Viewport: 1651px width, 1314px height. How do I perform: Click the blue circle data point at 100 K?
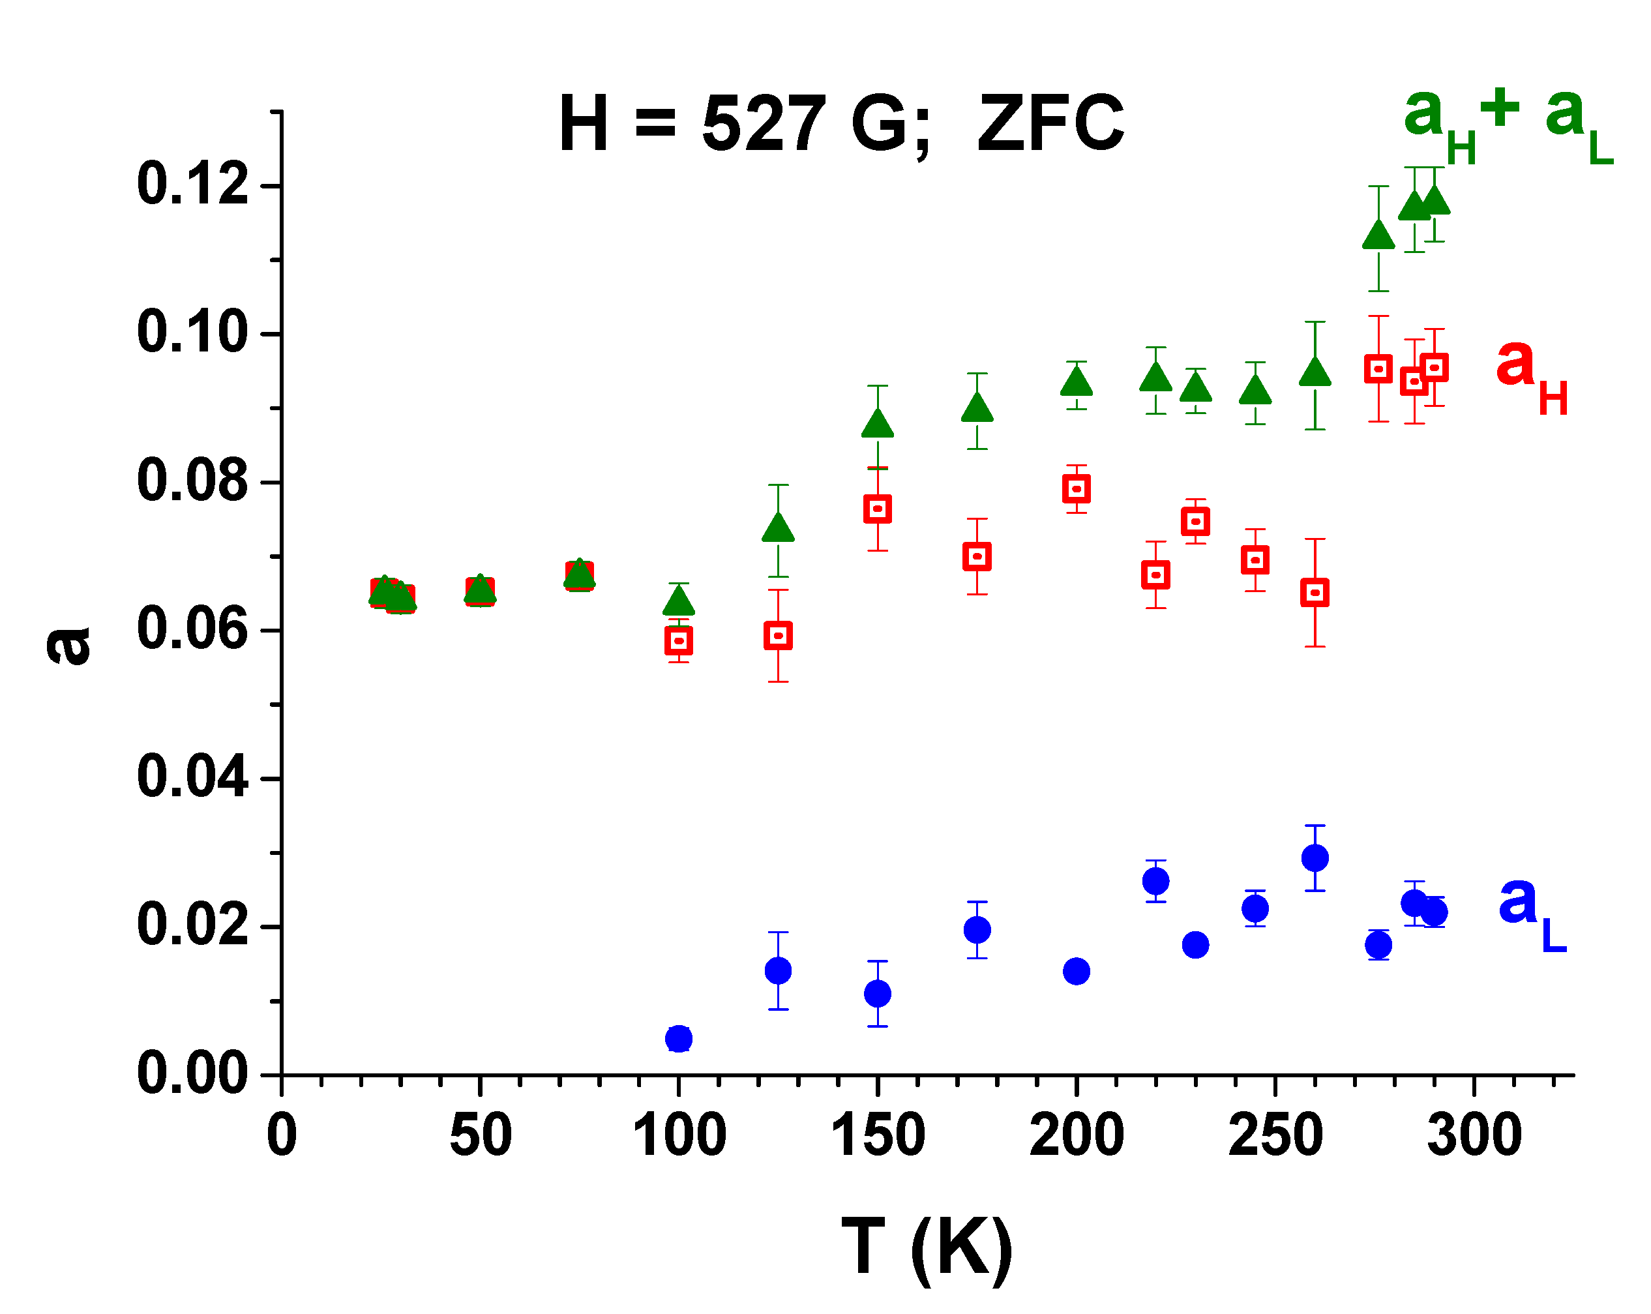coord(679,1039)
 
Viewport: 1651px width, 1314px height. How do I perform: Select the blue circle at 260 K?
coord(1315,858)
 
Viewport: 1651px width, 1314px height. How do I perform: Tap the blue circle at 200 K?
coord(1077,972)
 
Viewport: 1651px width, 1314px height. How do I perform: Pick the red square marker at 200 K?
coord(1077,488)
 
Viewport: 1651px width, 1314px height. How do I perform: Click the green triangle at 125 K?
coord(778,528)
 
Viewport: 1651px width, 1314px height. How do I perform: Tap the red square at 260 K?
coord(1315,593)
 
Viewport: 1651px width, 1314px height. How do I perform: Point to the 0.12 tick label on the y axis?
coord(193,185)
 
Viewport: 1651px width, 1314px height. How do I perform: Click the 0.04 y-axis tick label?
coord(193,777)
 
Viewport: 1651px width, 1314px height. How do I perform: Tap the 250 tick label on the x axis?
coord(1275,1135)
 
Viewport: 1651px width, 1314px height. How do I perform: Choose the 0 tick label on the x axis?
coord(282,1135)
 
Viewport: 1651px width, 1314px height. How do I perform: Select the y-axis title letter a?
coord(69,645)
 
